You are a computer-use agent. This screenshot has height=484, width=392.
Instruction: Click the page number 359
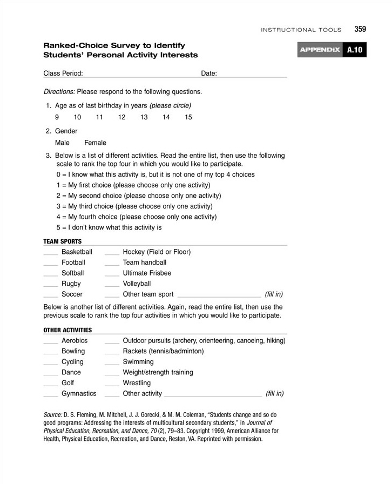(361, 29)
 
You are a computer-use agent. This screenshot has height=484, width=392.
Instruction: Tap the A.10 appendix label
(355, 50)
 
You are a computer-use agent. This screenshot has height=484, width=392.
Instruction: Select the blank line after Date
(252, 76)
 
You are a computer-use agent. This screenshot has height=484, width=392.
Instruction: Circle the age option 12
(121, 117)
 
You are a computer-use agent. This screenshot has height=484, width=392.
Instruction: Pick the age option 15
(188, 117)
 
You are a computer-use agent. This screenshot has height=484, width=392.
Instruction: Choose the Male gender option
(62, 143)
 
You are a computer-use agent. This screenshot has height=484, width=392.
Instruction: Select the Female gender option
(95, 143)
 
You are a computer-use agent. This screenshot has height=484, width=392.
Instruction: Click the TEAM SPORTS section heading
(63, 241)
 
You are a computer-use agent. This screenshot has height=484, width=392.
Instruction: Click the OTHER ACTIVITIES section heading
(67, 330)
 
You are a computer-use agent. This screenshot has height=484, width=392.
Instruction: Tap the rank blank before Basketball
(50, 254)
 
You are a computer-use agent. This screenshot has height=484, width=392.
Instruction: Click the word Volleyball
(137, 284)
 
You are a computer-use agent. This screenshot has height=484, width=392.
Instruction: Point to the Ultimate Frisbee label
(147, 273)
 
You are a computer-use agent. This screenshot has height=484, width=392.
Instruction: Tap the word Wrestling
(137, 383)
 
